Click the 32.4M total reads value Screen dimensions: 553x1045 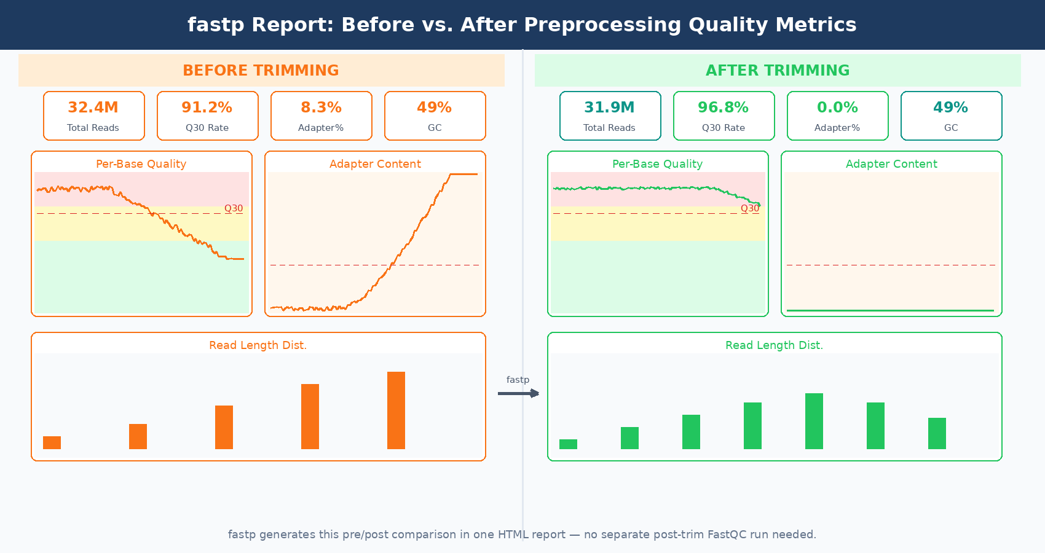pyautogui.click(x=93, y=108)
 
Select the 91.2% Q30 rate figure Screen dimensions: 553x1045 pyautogui.click(x=207, y=108)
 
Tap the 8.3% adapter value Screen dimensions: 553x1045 pyautogui.click(x=321, y=108)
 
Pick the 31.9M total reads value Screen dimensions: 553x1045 pyautogui.click(x=609, y=108)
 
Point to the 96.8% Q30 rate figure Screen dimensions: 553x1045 pyautogui.click(x=723, y=108)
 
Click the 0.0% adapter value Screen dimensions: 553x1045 pyautogui.click(x=837, y=108)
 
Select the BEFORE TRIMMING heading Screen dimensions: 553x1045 pyautogui.click(x=261, y=71)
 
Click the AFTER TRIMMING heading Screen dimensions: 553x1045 pyautogui.click(x=778, y=71)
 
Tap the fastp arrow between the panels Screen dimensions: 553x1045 pyautogui.click(x=518, y=393)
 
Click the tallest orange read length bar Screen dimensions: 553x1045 pyautogui.click(x=396, y=410)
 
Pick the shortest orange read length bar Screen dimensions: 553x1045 pyautogui.click(x=52, y=442)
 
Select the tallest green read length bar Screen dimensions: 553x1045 pyautogui.click(x=814, y=421)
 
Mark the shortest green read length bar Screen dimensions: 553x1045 pyautogui.click(x=568, y=444)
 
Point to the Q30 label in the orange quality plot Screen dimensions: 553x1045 pyautogui.click(x=234, y=208)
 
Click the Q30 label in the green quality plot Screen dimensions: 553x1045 pyautogui.click(x=750, y=208)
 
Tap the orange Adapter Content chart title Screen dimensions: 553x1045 pyautogui.click(x=375, y=164)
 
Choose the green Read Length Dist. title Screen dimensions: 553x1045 pyautogui.click(x=774, y=345)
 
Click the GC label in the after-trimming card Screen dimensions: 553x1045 pyautogui.click(x=951, y=128)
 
